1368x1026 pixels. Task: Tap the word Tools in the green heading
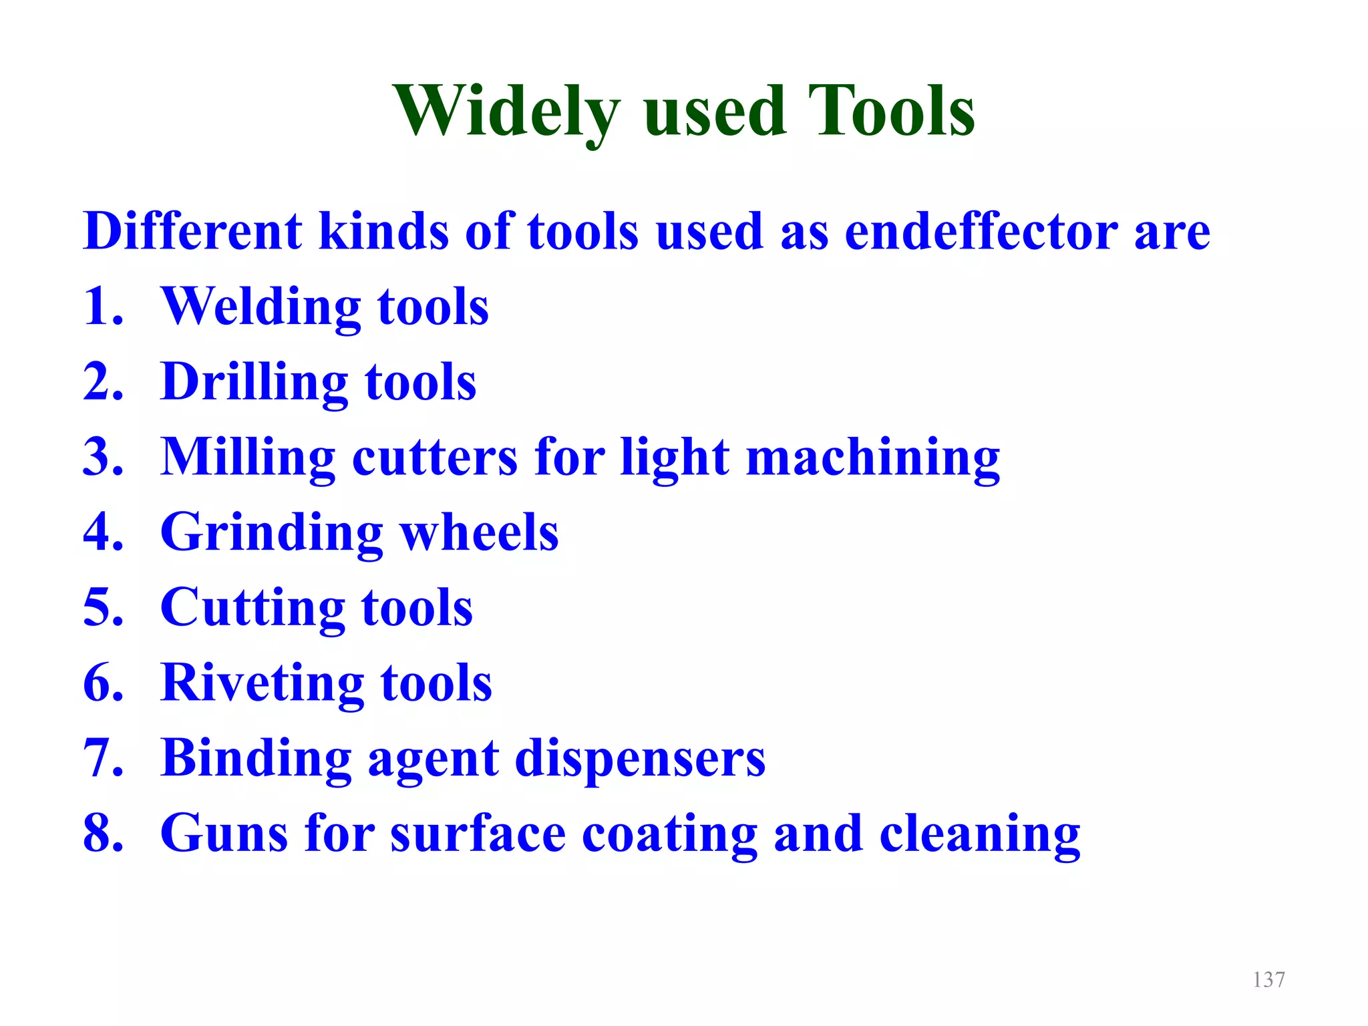891,112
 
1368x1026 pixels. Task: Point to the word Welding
261,307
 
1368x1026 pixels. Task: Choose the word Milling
248,458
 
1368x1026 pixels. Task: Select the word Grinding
271,533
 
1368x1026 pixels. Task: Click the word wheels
479,533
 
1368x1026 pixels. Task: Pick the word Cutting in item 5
252,609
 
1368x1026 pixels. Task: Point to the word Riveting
263,683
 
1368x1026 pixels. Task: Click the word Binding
256,759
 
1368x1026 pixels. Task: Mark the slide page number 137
1268,980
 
